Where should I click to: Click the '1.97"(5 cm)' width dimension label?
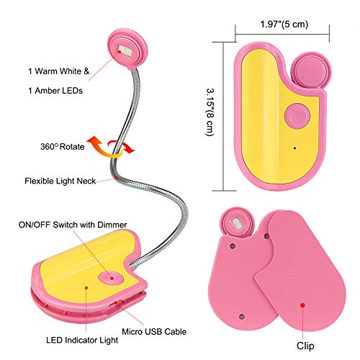coord(284,24)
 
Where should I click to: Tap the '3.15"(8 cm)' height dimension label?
coord(210,112)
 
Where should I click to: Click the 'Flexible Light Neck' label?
coord(60,181)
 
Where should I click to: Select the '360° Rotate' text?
coord(63,146)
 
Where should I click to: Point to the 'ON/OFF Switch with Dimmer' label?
coord(73,225)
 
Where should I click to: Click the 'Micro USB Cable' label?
coord(154,332)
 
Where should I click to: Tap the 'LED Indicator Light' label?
coord(82,340)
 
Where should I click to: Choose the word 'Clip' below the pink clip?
coord(305,346)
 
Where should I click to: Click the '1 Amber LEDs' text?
coord(55,91)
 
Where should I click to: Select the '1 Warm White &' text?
coord(58,71)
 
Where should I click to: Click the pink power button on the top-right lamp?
coord(297,116)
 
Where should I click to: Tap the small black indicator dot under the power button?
coord(294,148)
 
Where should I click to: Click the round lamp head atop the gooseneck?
coord(127,49)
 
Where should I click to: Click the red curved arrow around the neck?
coord(121,146)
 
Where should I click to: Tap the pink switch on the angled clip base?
coord(111,278)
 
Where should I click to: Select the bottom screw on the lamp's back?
coord(242,317)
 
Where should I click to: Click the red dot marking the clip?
coord(303,305)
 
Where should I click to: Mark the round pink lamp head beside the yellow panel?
coord(311,71)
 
